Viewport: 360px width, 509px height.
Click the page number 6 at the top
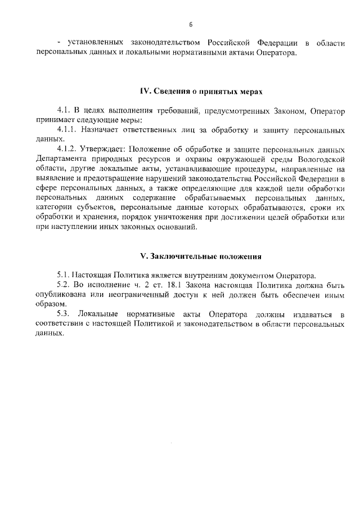coord(191,24)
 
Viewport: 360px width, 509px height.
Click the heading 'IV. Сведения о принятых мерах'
coord(201,91)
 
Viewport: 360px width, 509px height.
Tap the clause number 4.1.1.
coord(68,130)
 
